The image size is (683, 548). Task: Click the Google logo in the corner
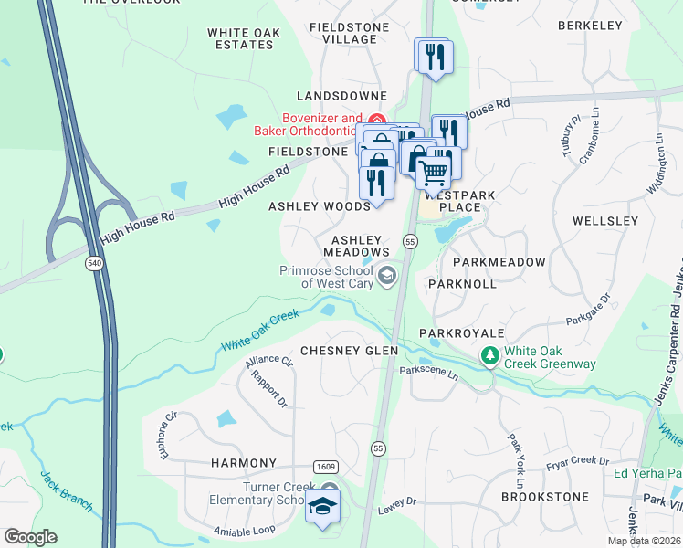(x=30, y=537)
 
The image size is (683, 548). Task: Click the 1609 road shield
(x=325, y=467)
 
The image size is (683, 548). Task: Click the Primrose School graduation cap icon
(x=387, y=276)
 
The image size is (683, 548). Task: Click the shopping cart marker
(x=434, y=171)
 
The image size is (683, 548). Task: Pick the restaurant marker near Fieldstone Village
(x=431, y=56)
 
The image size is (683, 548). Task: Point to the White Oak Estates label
(x=243, y=38)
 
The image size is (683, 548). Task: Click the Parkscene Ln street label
(x=428, y=370)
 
